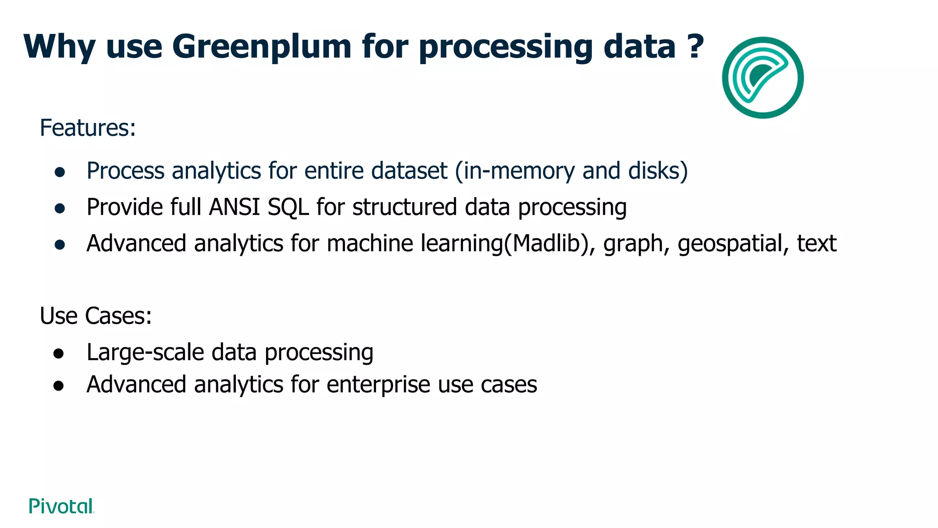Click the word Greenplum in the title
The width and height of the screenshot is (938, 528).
pos(262,47)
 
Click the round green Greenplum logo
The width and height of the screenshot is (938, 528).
pos(763,77)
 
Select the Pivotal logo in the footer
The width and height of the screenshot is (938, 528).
pos(61,506)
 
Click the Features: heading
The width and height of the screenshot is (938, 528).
pos(88,128)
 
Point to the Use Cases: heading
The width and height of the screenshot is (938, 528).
pos(96,316)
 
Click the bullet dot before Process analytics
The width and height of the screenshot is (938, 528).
pos(60,172)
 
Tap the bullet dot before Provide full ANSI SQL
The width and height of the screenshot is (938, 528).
pos(60,209)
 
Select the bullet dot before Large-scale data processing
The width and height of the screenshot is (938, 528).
pos(58,354)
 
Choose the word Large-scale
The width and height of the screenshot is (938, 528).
pos(145,353)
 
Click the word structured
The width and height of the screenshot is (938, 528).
pos(404,207)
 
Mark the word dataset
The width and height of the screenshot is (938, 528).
pos(409,170)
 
